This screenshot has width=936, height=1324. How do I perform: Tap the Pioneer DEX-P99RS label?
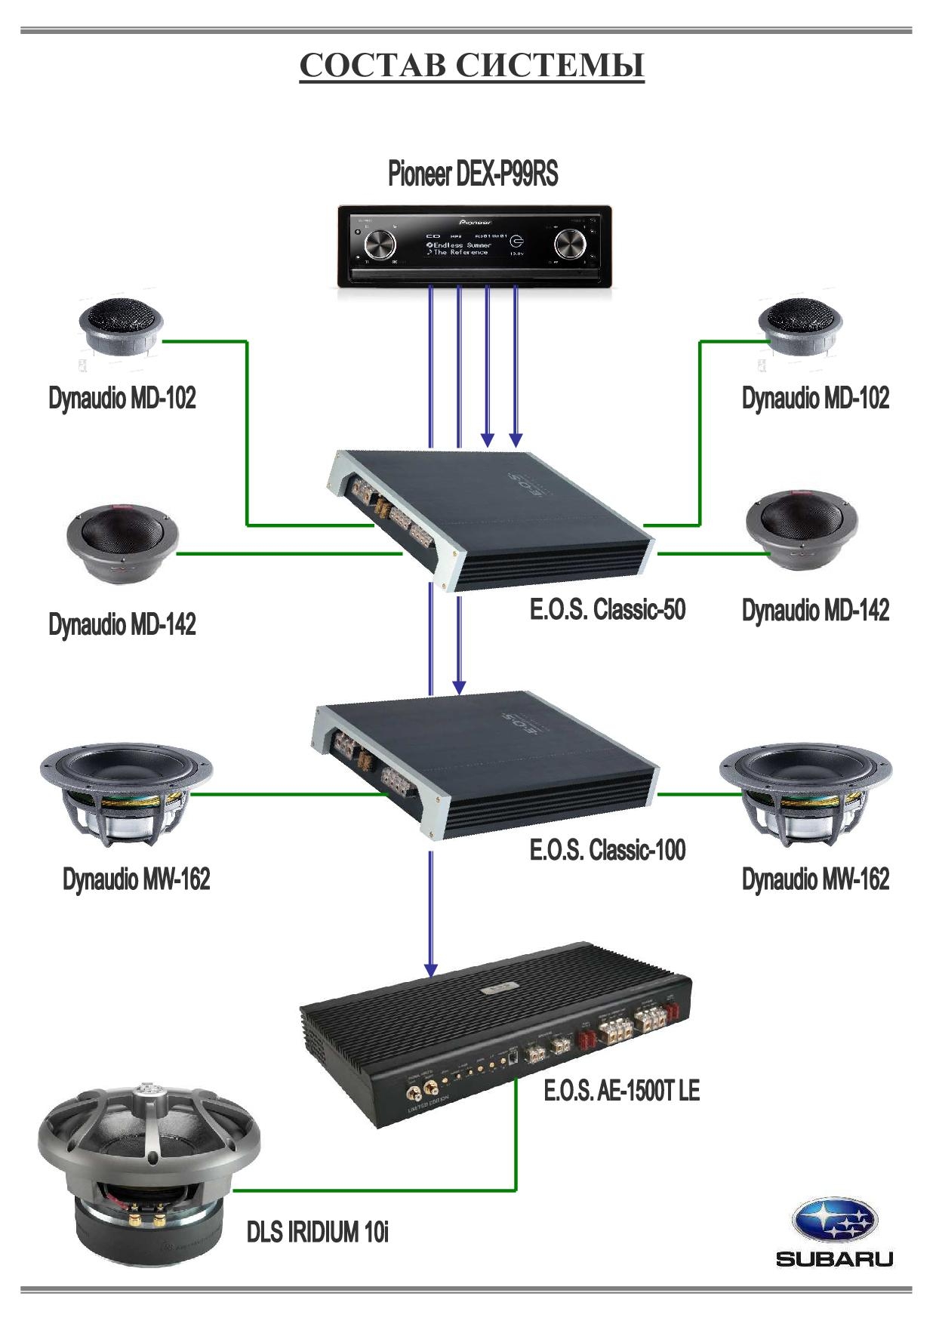click(x=473, y=174)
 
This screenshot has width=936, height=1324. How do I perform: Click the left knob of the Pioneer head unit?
click(x=380, y=245)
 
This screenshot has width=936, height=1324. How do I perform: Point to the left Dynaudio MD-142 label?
click(x=122, y=625)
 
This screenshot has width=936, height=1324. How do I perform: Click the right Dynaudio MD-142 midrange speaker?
click(x=802, y=528)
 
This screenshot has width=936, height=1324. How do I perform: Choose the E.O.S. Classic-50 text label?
click(x=607, y=609)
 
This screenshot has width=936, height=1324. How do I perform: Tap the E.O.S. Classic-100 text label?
click(x=607, y=850)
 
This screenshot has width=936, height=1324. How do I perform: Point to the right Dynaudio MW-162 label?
click(x=815, y=879)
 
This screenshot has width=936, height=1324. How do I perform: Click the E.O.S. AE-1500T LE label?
click(x=621, y=1091)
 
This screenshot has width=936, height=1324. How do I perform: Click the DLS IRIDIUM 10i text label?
click(x=317, y=1232)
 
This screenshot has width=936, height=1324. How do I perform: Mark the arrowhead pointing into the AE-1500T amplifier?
click(x=430, y=969)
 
